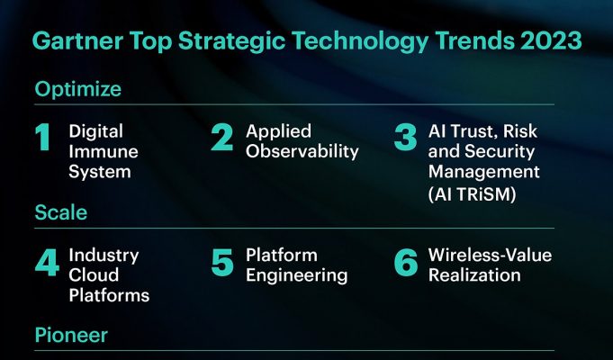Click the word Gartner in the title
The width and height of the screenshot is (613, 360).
77,40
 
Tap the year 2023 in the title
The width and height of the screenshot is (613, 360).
551,40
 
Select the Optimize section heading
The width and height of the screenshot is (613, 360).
78,89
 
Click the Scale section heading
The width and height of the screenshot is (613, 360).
61,212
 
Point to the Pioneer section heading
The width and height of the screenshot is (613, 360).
71,335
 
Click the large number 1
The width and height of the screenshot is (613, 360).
43,137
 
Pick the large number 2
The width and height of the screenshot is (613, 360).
222,137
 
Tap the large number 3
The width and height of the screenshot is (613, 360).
406,137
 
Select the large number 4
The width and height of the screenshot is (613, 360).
47,262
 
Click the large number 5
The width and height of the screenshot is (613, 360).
222,262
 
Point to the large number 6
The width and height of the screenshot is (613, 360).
406,262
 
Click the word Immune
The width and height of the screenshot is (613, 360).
104,152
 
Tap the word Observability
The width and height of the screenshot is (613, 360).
302,152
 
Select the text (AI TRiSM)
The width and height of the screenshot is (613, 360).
473,193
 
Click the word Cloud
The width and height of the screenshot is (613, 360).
94,274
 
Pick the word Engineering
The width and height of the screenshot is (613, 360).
297,276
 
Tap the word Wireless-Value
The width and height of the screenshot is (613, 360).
491,256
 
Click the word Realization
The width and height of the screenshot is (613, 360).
474,275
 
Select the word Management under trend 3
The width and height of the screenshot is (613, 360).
484,173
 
